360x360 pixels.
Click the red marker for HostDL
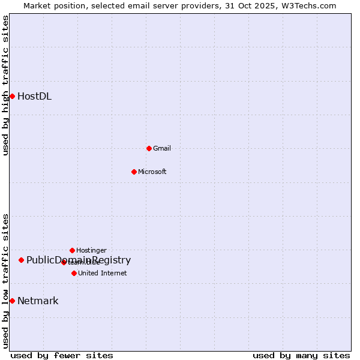[x=12, y=96]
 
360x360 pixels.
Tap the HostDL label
[x=34, y=97]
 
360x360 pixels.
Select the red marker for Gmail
[x=149, y=148]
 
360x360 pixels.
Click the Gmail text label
[x=162, y=149]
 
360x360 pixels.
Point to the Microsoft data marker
[x=134, y=172]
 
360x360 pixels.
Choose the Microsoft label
[x=152, y=172]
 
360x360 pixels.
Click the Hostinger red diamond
[x=72, y=250]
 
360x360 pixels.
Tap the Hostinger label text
[x=91, y=250]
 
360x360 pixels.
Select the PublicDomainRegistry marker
[x=21, y=260]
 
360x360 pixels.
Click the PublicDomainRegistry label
[x=79, y=260]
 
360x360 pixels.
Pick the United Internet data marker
[x=74, y=273]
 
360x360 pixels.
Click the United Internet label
[x=103, y=274]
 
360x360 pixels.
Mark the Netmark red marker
[x=12, y=301]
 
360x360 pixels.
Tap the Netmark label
[x=38, y=301]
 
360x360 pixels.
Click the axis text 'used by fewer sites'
[x=62, y=356]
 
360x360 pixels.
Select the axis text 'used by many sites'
[x=301, y=356]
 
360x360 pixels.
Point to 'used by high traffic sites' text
[x=5, y=85]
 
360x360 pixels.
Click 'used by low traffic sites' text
[x=5, y=281]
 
